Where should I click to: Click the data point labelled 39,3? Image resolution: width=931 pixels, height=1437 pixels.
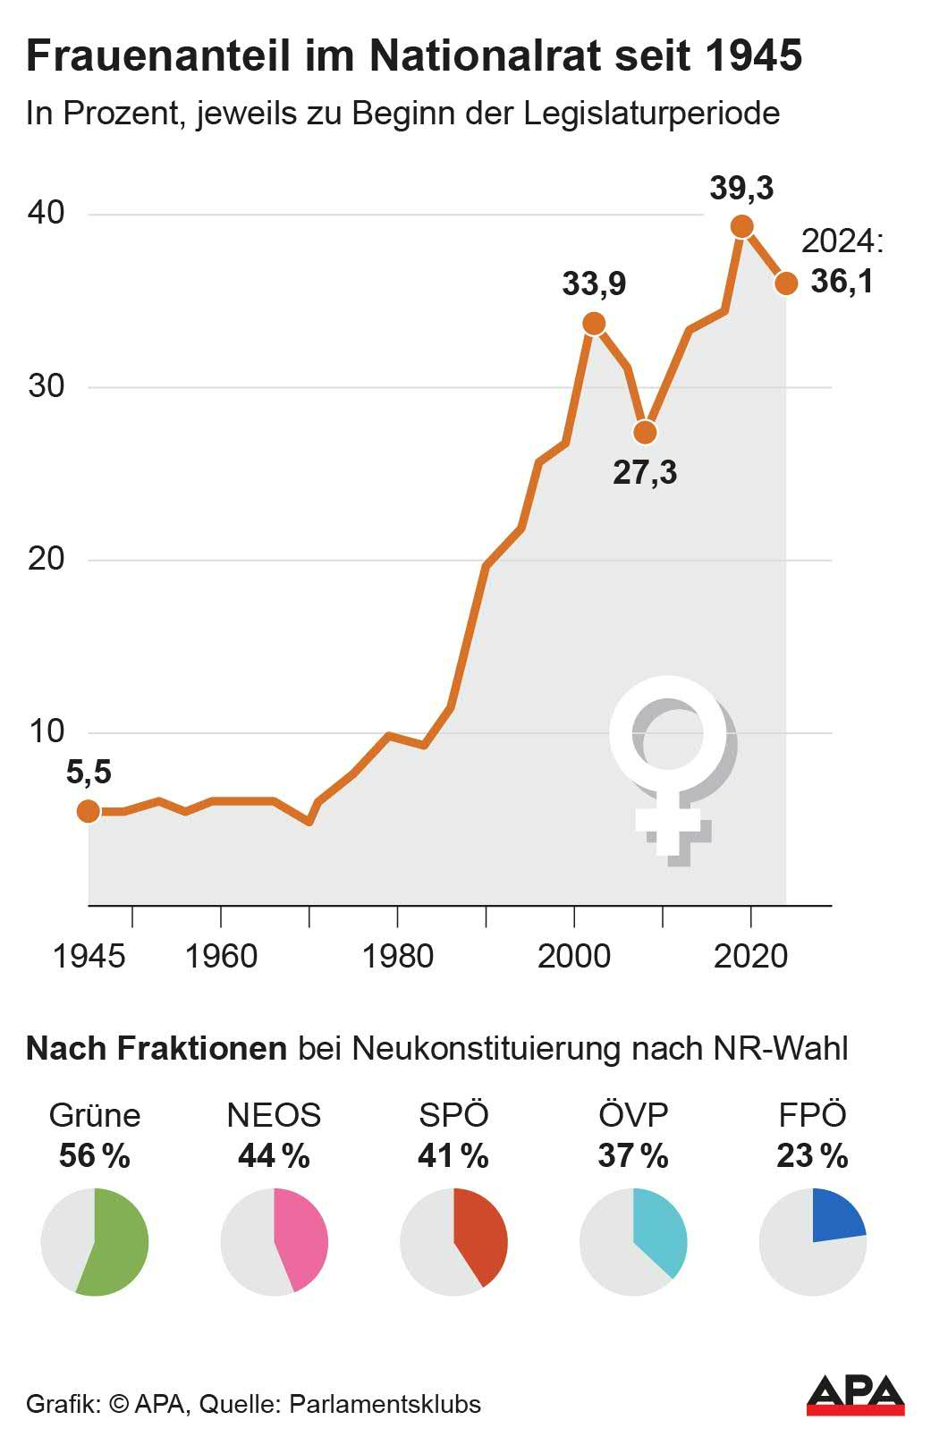(x=741, y=226)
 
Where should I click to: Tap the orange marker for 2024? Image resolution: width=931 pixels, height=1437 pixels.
(x=786, y=283)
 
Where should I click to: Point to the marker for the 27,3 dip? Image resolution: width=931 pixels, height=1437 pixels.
(x=645, y=433)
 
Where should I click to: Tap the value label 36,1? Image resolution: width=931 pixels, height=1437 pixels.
(x=842, y=281)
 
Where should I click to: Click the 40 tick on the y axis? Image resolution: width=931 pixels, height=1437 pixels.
(x=46, y=213)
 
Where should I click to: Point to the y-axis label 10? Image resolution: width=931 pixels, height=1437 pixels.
(x=47, y=731)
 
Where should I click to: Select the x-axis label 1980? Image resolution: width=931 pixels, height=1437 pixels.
(x=397, y=956)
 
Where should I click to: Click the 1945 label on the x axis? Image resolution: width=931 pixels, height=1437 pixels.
(x=89, y=956)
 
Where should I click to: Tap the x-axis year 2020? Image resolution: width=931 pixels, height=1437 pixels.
(x=750, y=956)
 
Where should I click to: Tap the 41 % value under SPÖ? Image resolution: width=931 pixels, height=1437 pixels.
(x=453, y=1156)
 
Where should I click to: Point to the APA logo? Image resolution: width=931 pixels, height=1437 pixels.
(x=855, y=1395)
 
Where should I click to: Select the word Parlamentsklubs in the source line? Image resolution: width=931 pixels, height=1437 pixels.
(x=385, y=1404)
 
